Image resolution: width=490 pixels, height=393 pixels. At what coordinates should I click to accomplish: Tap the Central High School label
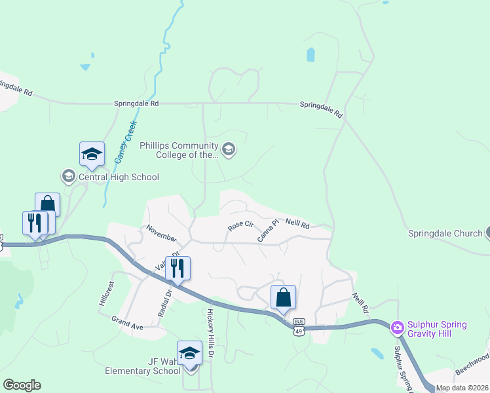119,177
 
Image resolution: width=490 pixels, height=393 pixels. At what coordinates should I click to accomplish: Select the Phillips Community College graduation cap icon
228,150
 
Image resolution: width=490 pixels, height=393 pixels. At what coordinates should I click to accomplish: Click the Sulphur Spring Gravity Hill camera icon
396,326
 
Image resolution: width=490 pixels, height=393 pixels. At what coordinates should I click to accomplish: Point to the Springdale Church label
445,233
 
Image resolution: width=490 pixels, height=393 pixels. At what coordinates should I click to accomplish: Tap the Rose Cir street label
240,225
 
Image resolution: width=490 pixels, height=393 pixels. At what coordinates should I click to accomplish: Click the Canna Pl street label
268,231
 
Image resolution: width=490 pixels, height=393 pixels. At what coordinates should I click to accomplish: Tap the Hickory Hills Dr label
211,333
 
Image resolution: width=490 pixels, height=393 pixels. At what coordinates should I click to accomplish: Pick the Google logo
22,385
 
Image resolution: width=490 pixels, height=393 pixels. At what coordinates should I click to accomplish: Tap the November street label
162,233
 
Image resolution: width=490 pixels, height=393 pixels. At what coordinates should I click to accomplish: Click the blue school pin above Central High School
92,155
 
